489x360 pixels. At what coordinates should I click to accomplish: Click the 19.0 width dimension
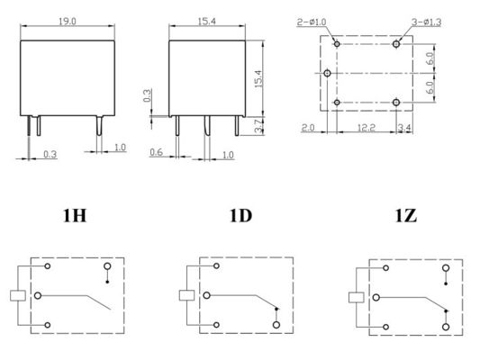68,22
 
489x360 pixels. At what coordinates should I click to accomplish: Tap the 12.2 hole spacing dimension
366,128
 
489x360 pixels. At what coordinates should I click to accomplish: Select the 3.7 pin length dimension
258,126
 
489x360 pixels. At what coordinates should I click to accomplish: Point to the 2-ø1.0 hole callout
312,22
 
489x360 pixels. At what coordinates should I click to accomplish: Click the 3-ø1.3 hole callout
426,22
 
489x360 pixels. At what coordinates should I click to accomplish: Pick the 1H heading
75,215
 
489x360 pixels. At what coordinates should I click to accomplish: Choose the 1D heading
240,215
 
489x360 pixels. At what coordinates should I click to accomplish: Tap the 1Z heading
406,215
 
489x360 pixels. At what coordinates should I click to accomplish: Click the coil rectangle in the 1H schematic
18,295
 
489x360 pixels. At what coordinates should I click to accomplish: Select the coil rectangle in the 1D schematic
186,295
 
